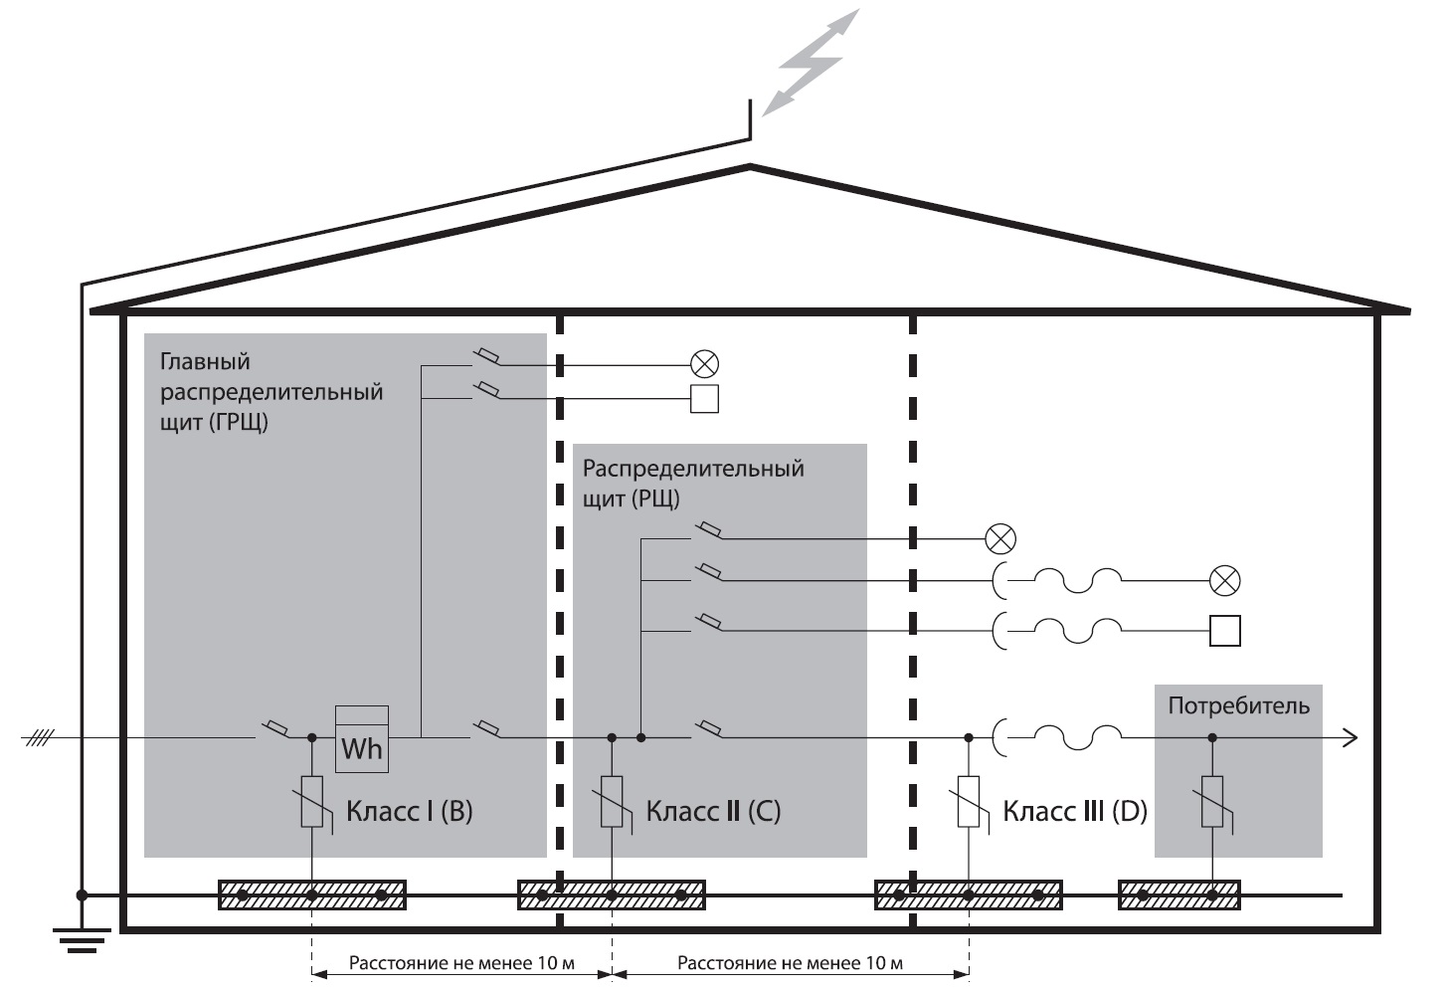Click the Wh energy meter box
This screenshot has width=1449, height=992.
click(361, 739)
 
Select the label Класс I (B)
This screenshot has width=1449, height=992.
click(409, 811)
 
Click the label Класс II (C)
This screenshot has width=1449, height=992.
click(713, 811)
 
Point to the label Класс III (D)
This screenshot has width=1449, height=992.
click(1074, 811)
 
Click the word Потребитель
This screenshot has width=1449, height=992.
click(1238, 706)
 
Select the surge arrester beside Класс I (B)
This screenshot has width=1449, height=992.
click(312, 802)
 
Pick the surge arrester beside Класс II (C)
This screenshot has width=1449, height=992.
click(612, 802)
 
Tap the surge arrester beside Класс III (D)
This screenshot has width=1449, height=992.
click(969, 802)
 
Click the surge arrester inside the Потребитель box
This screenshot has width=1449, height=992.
click(1212, 802)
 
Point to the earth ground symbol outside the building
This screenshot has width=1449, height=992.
click(82, 938)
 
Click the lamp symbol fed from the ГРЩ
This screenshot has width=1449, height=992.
click(704, 364)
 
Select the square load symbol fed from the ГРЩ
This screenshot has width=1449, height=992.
click(704, 399)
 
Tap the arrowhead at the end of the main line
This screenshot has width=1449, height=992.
click(1351, 738)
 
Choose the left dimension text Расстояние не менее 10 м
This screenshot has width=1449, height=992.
click(461, 963)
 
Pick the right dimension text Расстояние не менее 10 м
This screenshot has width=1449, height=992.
click(790, 963)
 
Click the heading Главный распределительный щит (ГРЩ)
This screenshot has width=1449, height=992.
click(271, 391)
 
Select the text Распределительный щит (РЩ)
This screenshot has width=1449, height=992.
click(692, 482)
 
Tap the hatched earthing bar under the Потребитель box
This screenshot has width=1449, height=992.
click(1178, 895)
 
